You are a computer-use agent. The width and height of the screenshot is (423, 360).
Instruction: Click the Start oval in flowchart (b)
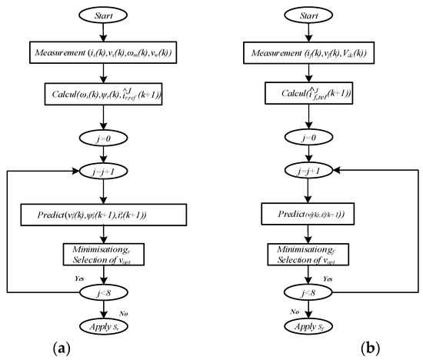pyautogui.click(x=308, y=15)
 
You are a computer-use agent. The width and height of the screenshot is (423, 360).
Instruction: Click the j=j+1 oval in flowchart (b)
pyautogui.click(x=308, y=174)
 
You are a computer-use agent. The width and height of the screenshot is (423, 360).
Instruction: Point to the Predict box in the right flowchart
pyautogui.click(x=308, y=214)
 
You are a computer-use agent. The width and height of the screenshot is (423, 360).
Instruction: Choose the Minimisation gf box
pyautogui.click(x=308, y=254)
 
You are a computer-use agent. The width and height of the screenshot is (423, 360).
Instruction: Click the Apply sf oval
pyautogui.click(x=308, y=325)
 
